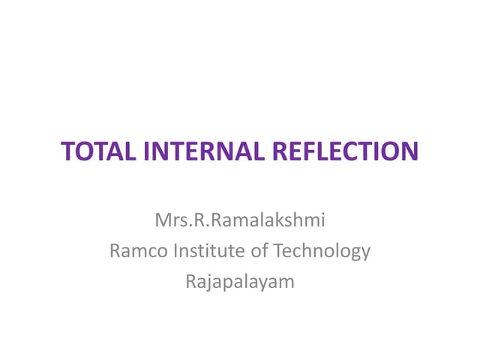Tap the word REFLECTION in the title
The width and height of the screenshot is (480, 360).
pyautogui.click(x=343, y=151)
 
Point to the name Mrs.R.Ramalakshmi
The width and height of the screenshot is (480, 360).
pyautogui.click(x=240, y=220)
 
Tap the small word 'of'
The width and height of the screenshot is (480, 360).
pyautogui.click(x=259, y=250)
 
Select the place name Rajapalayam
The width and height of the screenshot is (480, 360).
pyautogui.click(x=240, y=282)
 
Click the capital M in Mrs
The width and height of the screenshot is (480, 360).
pyautogui.click(x=162, y=220)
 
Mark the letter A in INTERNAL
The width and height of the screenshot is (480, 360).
pyautogui.click(x=239, y=151)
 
